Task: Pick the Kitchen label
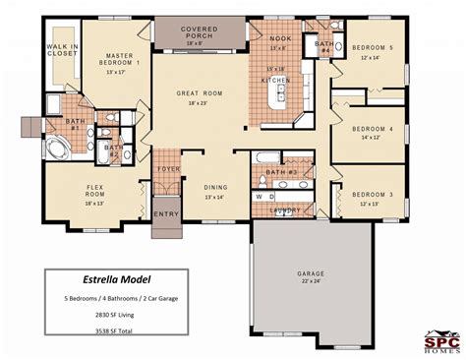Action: click(x=275, y=79)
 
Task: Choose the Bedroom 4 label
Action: click(x=376, y=129)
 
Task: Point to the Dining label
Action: click(x=216, y=187)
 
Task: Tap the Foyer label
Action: click(x=168, y=168)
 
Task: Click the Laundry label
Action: click(x=285, y=210)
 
